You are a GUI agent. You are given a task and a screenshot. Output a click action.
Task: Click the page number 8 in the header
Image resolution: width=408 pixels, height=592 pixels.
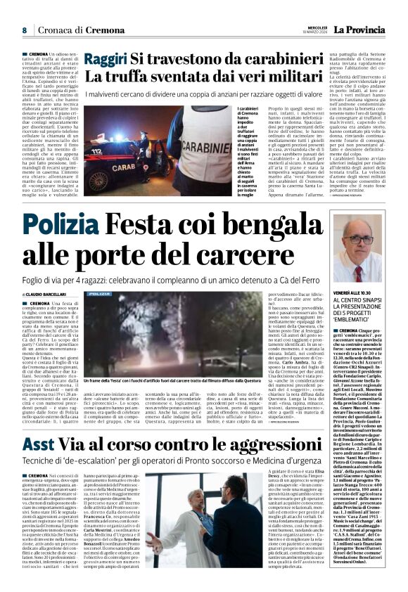tap(24, 30)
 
